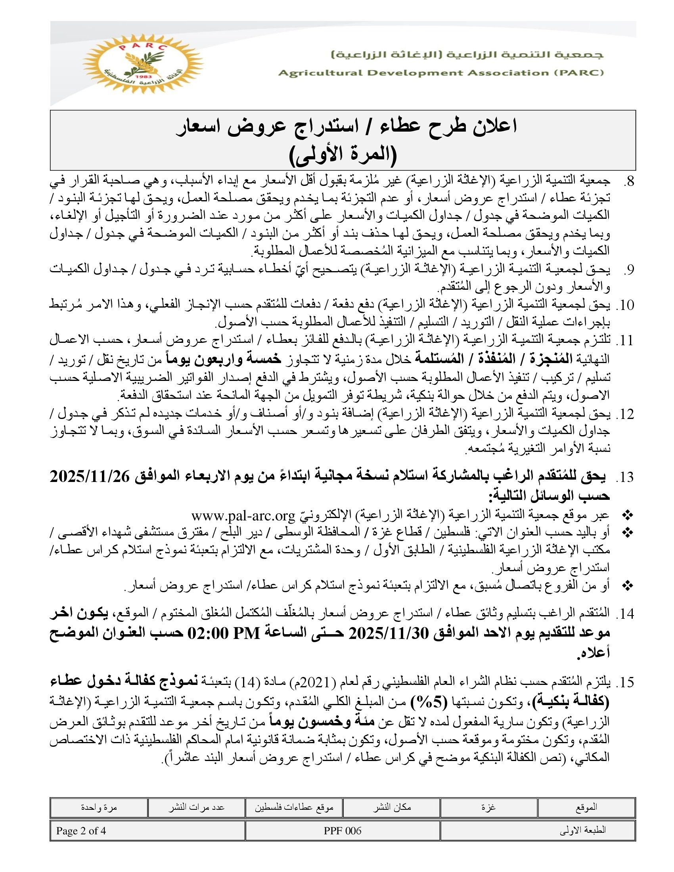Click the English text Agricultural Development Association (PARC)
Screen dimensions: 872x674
pos(441,73)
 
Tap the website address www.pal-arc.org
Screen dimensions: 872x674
pos(243,515)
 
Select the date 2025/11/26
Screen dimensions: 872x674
pos(91,477)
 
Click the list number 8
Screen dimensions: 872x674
pos(629,181)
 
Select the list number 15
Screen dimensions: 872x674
pos(625,683)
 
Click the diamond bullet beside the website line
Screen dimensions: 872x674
pos(628,516)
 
